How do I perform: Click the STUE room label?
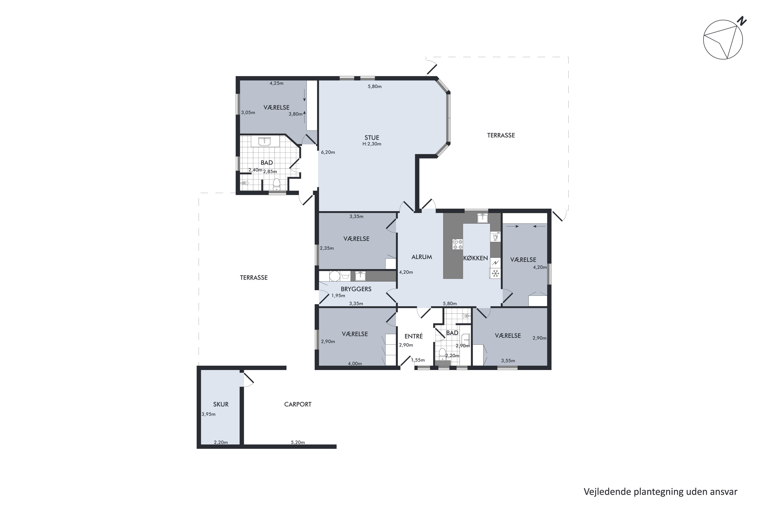tap(372, 138)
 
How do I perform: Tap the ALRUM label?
tap(422, 257)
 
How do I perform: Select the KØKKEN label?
tap(476, 258)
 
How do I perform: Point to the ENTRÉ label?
tap(413, 336)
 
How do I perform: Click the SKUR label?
tap(221, 404)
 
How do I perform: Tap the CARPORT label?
tap(298, 404)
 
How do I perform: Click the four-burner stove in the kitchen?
tap(458, 244)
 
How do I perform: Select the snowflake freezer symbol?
tap(495, 274)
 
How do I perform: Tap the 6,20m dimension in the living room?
tap(328, 152)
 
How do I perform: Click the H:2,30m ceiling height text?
tap(372, 144)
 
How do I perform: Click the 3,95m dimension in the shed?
tap(209, 414)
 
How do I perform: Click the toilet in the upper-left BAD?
tap(276, 184)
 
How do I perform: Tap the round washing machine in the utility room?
tap(334, 276)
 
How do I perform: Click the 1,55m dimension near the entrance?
tap(418, 360)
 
